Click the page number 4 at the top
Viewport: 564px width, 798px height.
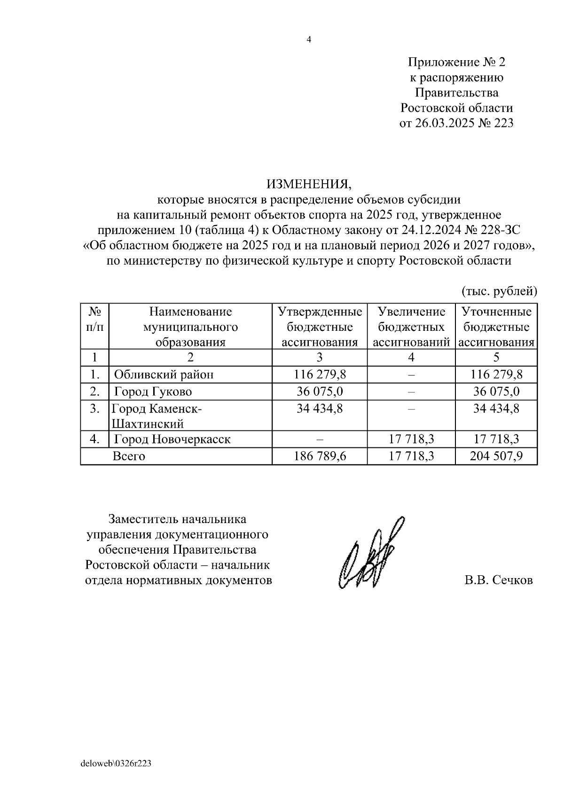coord(308,40)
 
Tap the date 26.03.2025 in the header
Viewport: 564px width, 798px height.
coord(443,124)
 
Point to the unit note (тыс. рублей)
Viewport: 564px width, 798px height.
coord(499,291)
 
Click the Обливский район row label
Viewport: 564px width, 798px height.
coord(164,375)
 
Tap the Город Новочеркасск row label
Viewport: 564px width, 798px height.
coord(172,439)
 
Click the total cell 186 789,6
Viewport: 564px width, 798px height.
coord(320,456)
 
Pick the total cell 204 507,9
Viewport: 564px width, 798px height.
coord(496,456)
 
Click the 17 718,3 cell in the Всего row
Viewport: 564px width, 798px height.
coord(411,456)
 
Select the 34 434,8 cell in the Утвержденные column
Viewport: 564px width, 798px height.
coord(320,408)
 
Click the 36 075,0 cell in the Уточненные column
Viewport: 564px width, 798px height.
coord(496,391)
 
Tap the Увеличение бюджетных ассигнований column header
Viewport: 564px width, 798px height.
coord(411,327)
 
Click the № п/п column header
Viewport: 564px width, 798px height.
coord(95,319)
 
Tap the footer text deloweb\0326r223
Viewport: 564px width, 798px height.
coord(116,764)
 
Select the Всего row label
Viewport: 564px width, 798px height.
coord(129,456)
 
